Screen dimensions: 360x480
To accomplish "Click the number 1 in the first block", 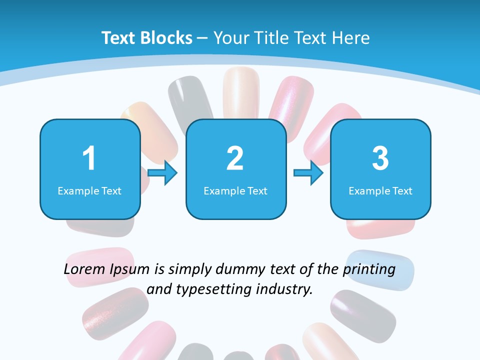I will point(89,159).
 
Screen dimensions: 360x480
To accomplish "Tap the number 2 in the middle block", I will point(235,159).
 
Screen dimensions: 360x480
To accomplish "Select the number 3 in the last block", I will point(380,159).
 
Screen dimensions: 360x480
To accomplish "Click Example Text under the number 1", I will point(89,190).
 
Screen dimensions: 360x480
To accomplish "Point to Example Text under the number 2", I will point(235,190).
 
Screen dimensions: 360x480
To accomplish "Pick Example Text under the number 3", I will point(380,190).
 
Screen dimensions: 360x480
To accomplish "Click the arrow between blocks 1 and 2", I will point(162,173).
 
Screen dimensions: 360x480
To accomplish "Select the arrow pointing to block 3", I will point(308,173).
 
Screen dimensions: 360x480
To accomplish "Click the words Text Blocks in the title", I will point(147,38).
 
